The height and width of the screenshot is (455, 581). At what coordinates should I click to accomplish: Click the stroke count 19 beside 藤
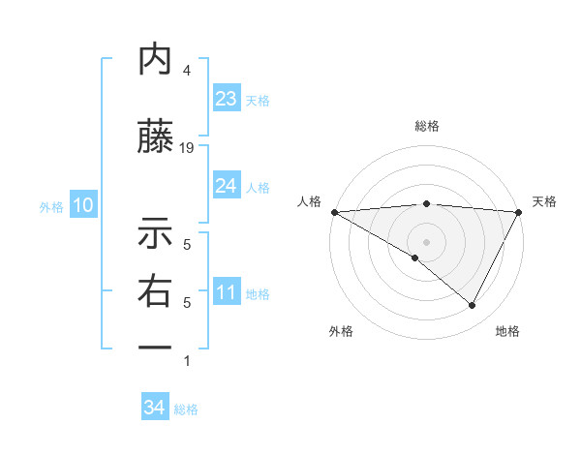tap(188, 147)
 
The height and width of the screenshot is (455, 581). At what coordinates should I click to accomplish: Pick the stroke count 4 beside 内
tap(187, 71)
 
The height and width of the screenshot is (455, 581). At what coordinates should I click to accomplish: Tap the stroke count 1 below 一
tap(187, 361)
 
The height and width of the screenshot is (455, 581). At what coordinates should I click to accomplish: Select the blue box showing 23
tap(227, 99)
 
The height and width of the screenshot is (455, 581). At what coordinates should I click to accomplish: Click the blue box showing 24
tap(227, 186)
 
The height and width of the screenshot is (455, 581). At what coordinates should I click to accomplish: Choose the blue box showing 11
tap(227, 292)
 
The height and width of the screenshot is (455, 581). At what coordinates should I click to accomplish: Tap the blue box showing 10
tap(82, 205)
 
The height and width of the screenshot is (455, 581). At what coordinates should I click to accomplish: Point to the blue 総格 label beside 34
tap(186, 409)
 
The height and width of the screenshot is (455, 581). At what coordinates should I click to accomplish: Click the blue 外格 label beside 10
tap(51, 206)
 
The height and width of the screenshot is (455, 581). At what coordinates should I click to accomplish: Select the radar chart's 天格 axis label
tap(545, 201)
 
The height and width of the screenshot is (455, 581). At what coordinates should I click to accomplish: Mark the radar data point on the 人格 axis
tap(334, 211)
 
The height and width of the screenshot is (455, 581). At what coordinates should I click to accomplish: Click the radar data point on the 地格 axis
tap(473, 305)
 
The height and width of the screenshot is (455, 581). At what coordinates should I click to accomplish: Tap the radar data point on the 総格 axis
tap(426, 203)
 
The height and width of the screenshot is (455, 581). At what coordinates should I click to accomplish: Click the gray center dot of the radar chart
tap(426, 241)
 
